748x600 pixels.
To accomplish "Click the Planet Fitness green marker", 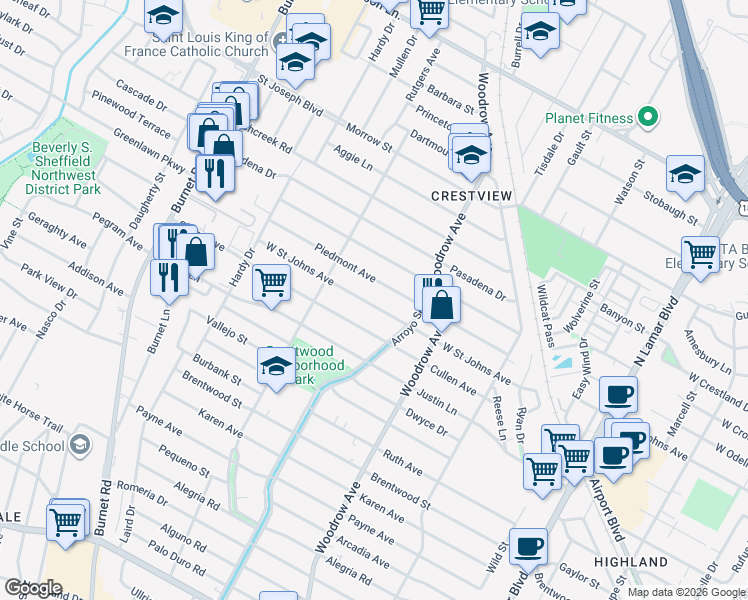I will pos(647,118).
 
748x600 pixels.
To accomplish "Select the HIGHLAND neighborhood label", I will pos(630,562).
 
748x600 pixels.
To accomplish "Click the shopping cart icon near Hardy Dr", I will pos(272,283).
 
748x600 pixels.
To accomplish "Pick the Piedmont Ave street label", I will pos(345,261).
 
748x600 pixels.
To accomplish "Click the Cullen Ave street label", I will pos(453,383).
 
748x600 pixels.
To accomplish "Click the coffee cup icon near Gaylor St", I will pos(528,547).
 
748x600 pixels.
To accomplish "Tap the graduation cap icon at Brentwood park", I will pos(276,367).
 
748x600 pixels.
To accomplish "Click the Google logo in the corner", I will pos(32,588).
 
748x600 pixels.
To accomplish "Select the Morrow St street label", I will pos(369,139).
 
